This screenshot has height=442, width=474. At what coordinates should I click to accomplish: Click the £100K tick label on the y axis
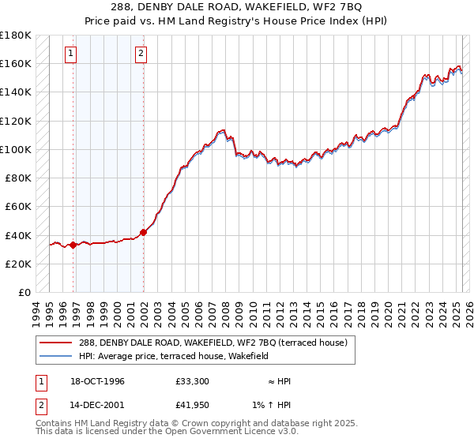(16, 149)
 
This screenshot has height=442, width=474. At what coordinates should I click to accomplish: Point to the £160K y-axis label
(16, 63)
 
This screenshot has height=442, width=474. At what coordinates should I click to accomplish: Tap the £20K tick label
(17, 264)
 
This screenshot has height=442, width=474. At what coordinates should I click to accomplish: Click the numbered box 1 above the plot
(71, 54)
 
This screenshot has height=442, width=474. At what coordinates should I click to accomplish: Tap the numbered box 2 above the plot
(141, 54)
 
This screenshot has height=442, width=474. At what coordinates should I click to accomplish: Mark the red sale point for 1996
(73, 245)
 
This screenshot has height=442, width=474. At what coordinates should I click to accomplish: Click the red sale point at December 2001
(144, 232)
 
